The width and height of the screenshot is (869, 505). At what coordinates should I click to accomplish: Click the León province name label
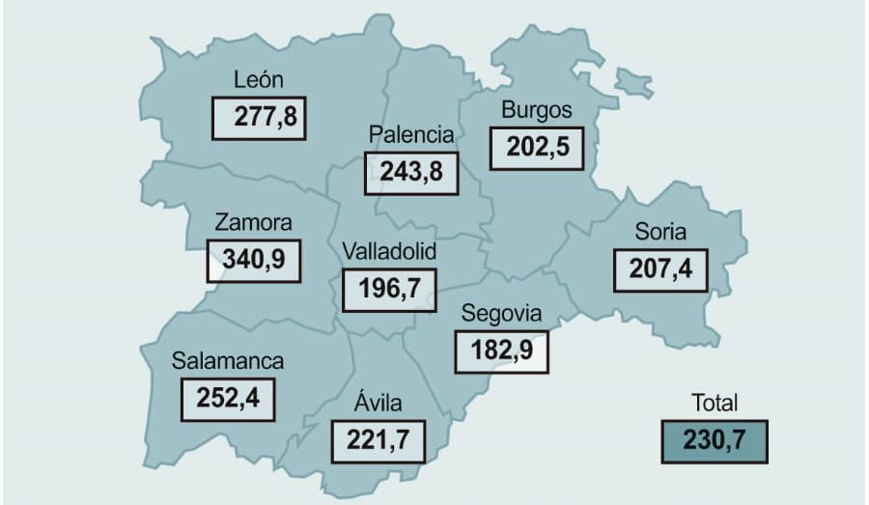coord(258,79)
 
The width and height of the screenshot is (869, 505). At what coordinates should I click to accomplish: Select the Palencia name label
coord(410,134)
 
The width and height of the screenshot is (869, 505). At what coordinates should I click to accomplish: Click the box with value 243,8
coord(410,172)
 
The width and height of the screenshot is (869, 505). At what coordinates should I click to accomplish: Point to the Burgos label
coord(537,110)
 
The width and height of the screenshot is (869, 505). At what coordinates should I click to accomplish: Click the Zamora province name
coord(253,222)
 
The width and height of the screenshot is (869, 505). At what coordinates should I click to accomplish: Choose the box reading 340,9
coord(253,260)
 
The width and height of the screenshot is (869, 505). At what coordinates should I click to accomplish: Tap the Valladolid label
coord(389,251)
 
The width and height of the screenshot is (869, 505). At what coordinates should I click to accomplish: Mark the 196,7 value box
coord(389,290)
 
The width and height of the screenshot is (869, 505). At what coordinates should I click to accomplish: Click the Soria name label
coord(660,232)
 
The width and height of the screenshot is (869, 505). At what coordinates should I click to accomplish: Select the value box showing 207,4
coord(660,269)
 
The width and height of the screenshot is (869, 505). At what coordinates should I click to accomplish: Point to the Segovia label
coord(501,313)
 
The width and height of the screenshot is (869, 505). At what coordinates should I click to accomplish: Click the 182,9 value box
coord(501,351)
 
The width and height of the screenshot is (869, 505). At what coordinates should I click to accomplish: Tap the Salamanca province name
coord(228,361)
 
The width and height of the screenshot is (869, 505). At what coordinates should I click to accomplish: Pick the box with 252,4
coord(228,399)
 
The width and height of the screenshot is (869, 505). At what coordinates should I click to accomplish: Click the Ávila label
coord(378,403)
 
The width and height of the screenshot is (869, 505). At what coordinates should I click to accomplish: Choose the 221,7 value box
coord(378,441)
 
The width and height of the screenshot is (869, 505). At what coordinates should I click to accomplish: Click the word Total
coord(715,403)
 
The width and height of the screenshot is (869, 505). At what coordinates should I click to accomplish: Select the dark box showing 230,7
coord(715,441)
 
